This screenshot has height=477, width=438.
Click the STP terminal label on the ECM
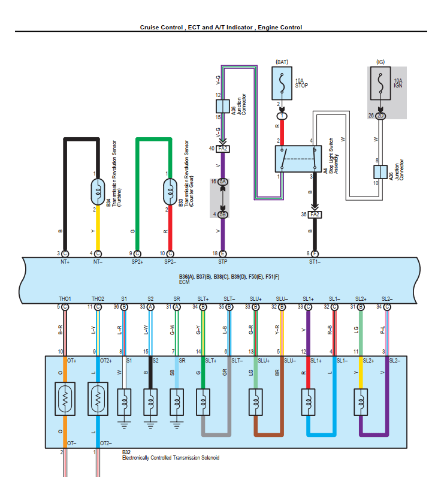[223, 262]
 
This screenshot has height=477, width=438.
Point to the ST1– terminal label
[315, 262]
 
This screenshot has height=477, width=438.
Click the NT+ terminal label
[65, 262]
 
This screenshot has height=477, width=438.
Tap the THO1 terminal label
[64, 298]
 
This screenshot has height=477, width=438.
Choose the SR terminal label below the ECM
[177, 298]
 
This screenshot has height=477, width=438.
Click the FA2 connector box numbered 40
[223, 148]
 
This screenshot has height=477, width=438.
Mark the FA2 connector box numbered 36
[315, 214]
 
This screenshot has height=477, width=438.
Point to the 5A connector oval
[223, 181]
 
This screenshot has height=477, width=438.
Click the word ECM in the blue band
[185, 282]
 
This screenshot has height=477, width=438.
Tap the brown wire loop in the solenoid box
[268, 432]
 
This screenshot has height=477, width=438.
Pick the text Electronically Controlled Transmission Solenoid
[171, 458]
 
